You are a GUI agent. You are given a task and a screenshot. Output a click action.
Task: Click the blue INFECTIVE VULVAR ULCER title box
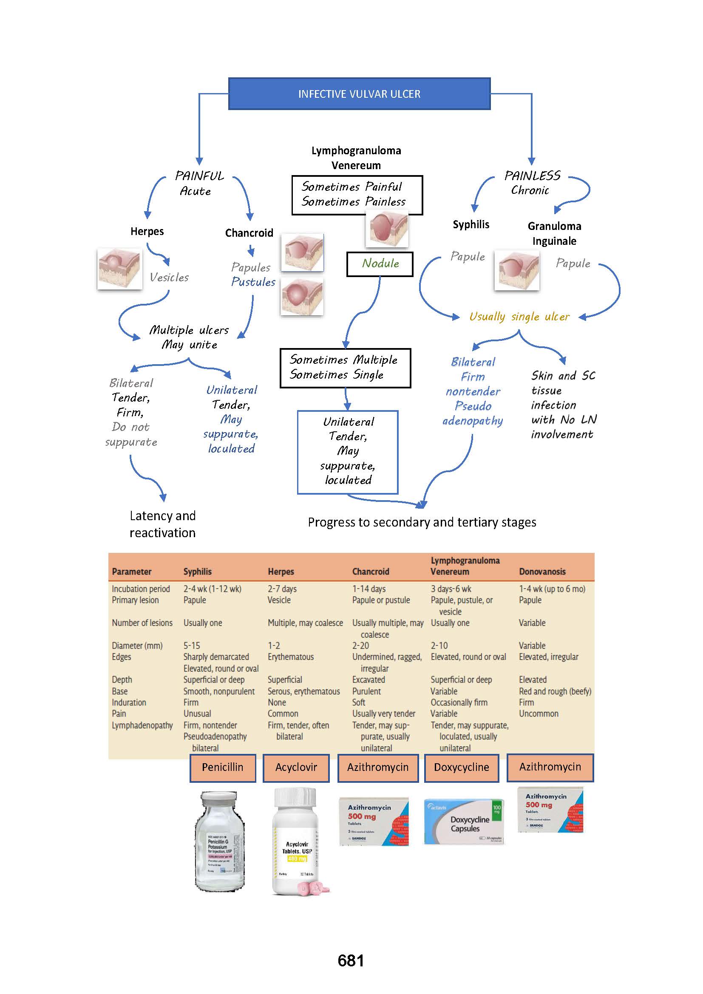(359, 94)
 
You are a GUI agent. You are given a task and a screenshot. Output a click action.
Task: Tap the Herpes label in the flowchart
(147, 232)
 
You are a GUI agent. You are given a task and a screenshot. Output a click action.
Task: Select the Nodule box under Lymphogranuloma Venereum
(380, 263)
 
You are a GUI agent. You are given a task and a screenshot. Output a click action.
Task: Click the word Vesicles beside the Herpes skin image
(169, 278)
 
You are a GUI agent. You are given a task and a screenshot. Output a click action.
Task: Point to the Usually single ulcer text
(519, 317)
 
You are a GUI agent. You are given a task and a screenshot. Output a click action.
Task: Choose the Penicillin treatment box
(222, 767)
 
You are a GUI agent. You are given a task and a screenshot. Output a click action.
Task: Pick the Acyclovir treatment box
(296, 767)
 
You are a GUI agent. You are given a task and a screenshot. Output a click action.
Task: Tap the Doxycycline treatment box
(462, 767)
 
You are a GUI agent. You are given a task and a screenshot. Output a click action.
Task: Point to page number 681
(351, 961)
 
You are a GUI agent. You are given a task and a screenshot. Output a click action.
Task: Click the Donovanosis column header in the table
(542, 572)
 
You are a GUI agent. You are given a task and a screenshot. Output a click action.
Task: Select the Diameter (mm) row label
(137, 646)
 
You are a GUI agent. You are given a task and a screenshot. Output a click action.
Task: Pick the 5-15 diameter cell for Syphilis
(192, 646)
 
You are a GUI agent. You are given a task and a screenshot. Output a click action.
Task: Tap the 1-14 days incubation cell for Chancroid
(369, 589)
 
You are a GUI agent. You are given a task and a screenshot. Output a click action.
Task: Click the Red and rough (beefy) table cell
(555, 691)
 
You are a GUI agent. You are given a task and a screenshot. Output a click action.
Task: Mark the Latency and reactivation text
(163, 524)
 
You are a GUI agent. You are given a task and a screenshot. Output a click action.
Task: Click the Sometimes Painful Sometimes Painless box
(357, 195)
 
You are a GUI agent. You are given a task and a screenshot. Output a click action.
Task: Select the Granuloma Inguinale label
(554, 233)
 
